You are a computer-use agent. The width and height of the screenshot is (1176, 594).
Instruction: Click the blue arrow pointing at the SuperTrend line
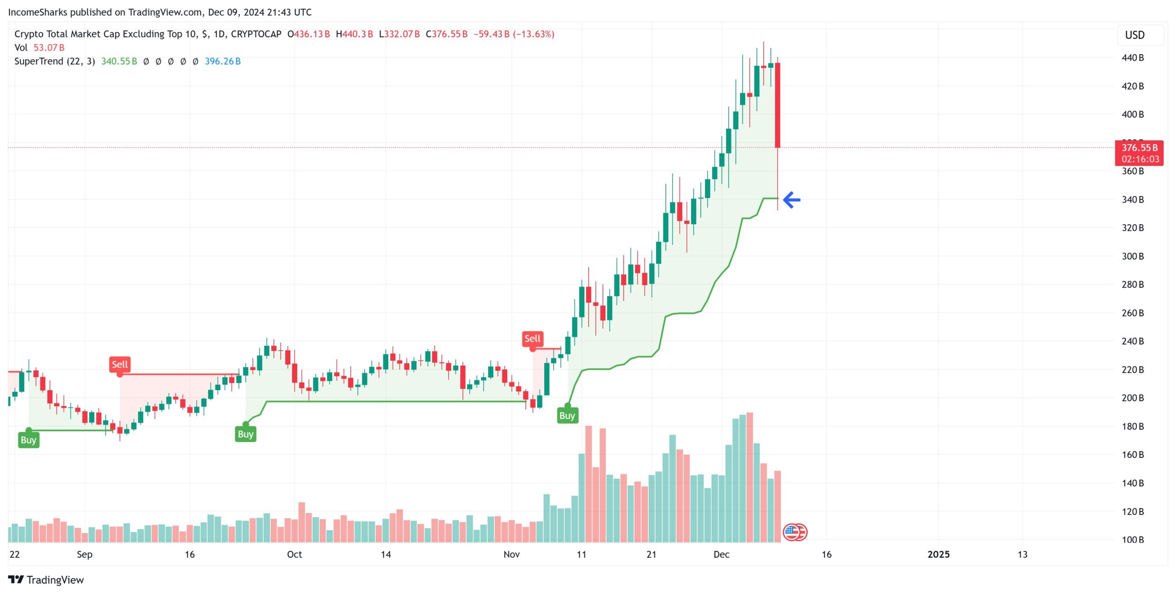[x=792, y=200]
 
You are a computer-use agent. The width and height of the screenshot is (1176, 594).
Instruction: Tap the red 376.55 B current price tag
[x=1139, y=153]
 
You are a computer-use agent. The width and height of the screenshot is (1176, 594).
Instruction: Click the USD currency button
[x=1134, y=35]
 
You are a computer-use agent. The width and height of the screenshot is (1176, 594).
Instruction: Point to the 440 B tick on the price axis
[x=1132, y=58]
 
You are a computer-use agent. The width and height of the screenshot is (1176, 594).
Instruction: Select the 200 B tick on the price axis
[x=1132, y=398]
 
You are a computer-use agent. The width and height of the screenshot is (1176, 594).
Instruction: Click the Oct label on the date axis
[x=294, y=554]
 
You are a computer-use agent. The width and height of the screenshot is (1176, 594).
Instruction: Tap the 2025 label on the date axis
[x=938, y=554]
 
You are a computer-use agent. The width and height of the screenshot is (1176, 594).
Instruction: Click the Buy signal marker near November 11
[x=567, y=415]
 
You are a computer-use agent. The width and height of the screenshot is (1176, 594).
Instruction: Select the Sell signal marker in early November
[x=532, y=339]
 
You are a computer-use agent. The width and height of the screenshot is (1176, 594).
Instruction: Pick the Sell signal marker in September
[x=120, y=365]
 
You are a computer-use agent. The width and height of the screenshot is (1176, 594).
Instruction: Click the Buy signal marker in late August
[x=28, y=440]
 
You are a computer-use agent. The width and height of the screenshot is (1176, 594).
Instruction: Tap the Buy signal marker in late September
[x=245, y=434]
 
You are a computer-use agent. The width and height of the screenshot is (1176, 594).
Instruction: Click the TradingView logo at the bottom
[x=46, y=580]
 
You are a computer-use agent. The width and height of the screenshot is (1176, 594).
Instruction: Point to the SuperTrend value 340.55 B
[x=119, y=62]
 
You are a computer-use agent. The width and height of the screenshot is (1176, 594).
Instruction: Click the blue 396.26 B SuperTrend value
[x=222, y=62]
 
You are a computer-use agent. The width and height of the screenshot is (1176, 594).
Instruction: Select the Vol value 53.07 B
[x=49, y=48]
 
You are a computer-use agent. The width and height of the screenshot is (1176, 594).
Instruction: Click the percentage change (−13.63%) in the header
[x=533, y=34]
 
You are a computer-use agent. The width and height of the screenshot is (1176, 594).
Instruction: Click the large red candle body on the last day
[x=777, y=105]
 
